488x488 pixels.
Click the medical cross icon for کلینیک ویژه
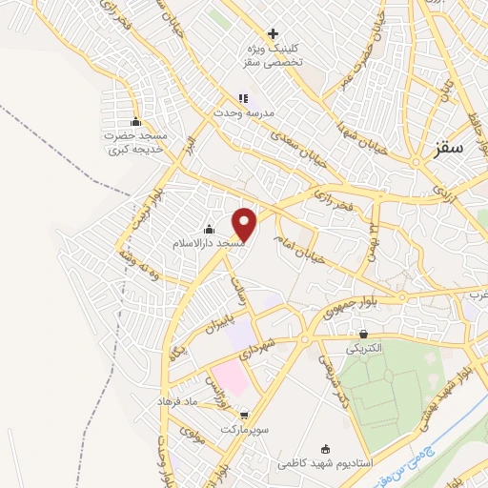click(x=274, y=34)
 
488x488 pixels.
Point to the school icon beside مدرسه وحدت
click(x=243, y=98)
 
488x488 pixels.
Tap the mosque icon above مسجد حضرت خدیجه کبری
click(x=135, y=121)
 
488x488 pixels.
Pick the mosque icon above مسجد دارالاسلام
click(x=209, y=230)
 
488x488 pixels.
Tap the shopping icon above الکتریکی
click(x=364, y=335)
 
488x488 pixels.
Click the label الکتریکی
click(x=365, y=349)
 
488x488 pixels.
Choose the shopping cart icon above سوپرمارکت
click(x=246, y=415)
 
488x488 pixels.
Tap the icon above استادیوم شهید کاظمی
click(x=326, y=449)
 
